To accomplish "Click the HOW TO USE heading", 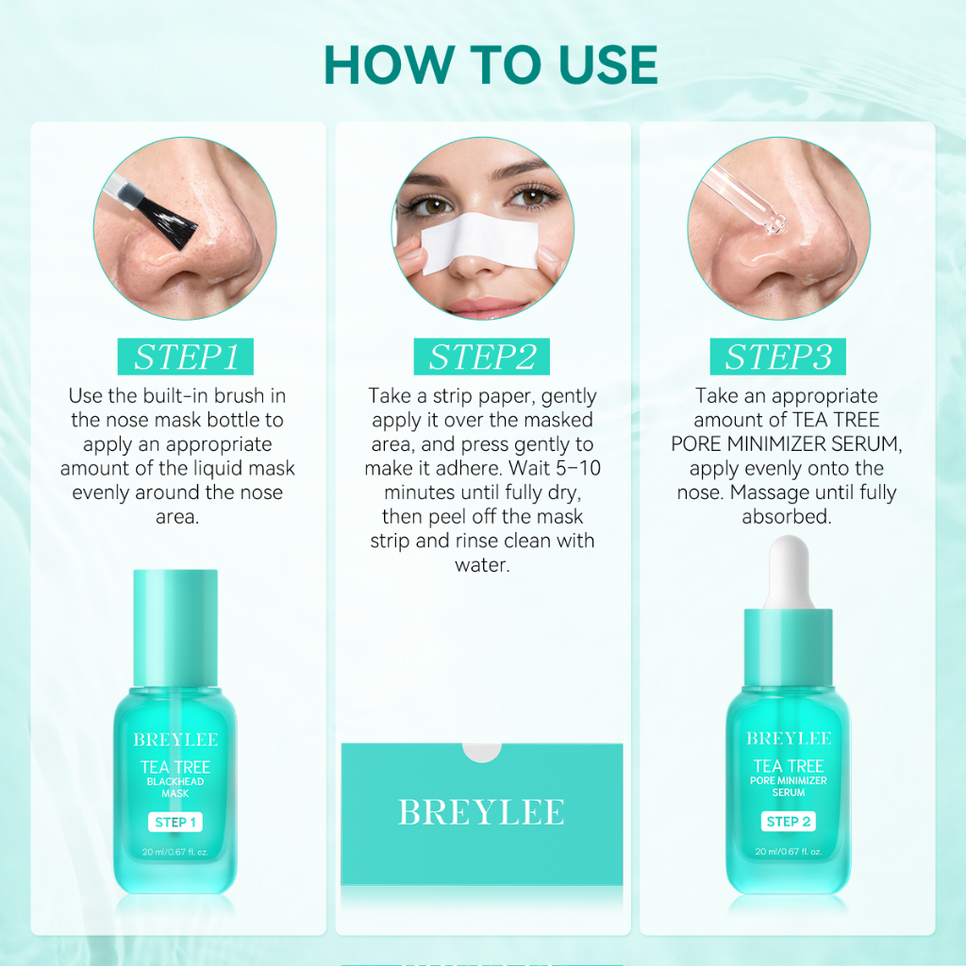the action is (x=491, y=65).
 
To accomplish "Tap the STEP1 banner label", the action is (x=186, y=357).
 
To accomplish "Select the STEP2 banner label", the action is (x=482, y=357).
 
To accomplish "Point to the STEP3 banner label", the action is (x=778, y=357).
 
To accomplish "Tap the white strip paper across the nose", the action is (x=480, y=242).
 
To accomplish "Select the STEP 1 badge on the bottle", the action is (x=175, y=822).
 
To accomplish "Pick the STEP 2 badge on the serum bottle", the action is (x=789, y=822).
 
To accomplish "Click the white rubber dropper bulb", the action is (x=789, y=572).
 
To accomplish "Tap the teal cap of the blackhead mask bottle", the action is (x=175, y=627).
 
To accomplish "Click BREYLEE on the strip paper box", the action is (x=481, y=812).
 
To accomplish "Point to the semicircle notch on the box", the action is (x=482, y=752).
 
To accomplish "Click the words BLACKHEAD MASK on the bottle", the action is (x=175, y=788).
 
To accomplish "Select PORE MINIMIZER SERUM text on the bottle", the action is (x=789, y=786).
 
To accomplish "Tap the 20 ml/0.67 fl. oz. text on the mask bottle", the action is (x=175, y=852).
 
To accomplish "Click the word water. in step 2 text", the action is (x=482, y=565).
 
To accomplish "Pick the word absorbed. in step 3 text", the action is (x=787, y=516).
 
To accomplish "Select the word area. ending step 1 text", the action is (x=177, y=516).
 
